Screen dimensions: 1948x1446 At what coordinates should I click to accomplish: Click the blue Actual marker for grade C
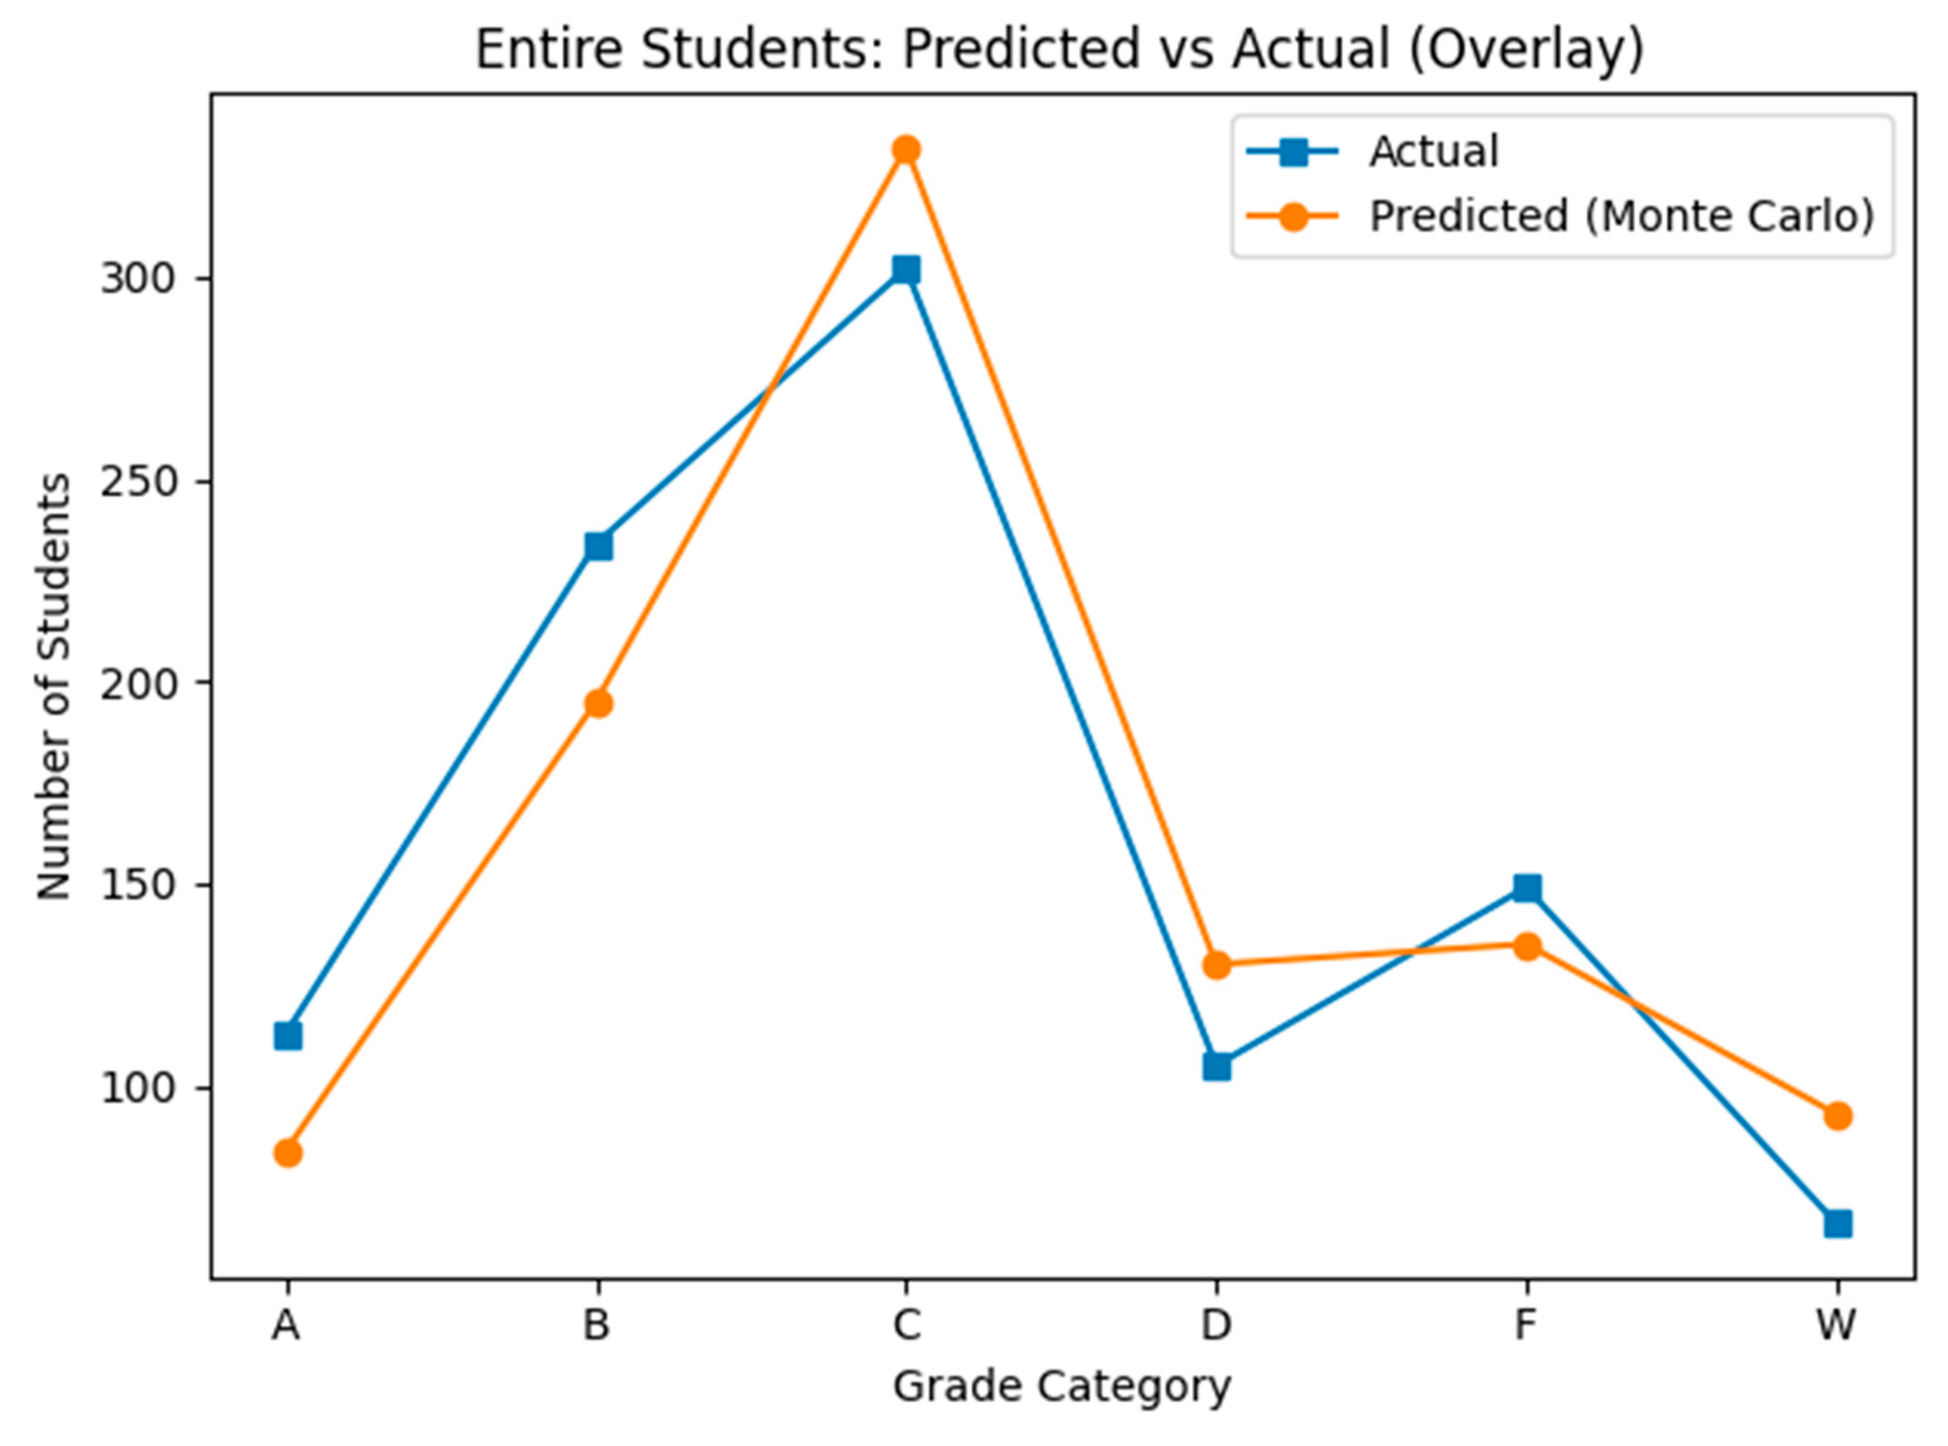pyautogui.click(x=906, y=269)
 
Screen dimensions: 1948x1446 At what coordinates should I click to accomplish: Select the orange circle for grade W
pyautogui.click(x=1838, y=1116)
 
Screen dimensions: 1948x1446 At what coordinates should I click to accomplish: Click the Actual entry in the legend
pyautogui.click(x=1434, y=152)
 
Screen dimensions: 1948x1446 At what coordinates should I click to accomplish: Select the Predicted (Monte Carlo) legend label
pyautogui.click(x=1622, y=216)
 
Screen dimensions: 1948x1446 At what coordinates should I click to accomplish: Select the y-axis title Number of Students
pyautogui.click(x=54, y=687)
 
